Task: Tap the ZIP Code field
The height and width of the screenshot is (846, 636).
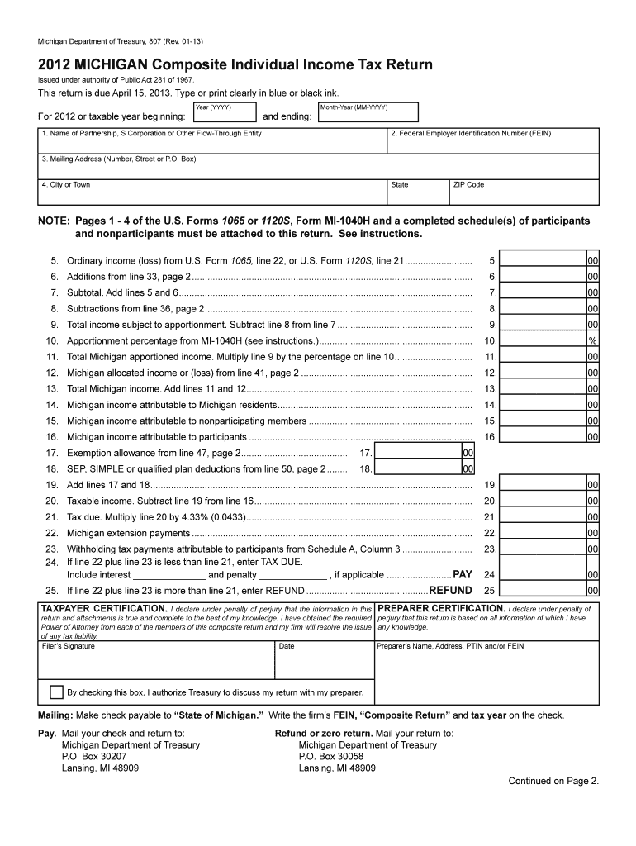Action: coord(524,196)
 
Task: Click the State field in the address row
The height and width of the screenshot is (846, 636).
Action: coord(417,196)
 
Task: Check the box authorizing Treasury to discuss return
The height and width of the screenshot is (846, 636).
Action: coord(56,692)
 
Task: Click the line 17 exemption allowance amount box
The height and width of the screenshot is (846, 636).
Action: coord(417,453)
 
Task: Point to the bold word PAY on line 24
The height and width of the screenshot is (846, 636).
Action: coord(463,574)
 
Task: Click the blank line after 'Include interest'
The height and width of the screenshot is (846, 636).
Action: coord(169,574)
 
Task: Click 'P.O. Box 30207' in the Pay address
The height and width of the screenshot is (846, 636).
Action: coord(94,756)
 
